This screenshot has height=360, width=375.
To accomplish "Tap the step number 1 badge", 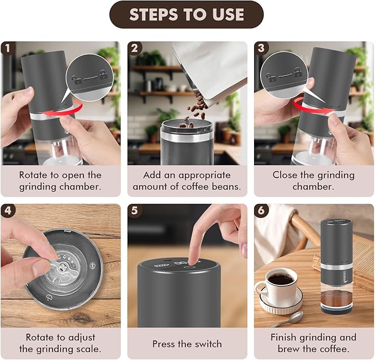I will click(x=8, y=49).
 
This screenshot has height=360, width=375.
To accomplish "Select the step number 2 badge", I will click(x=134, y=49).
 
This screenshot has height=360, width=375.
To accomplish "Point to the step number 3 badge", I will click(x=261, y=49).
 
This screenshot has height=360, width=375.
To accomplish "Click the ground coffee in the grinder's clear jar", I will click(x=336, y=299).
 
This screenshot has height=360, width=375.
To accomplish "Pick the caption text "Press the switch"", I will click(x=187, y=343).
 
